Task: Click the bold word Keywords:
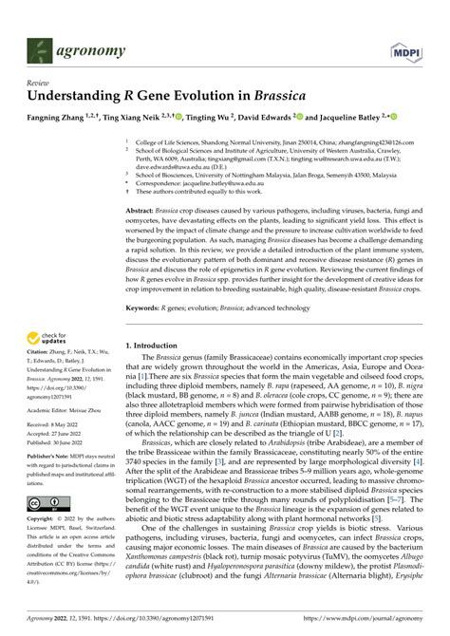pyautogui.click(x=145, y=308)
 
